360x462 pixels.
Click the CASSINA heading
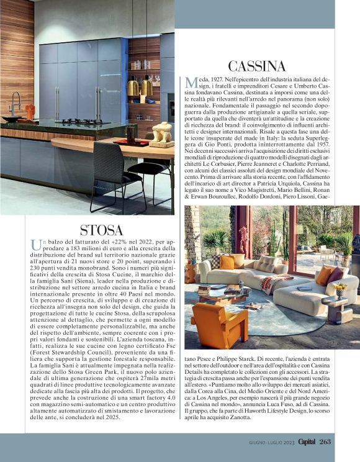pyautogui.click(x=256, y=66)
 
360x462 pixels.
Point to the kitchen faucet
pyautogui.click(x=13, y=102)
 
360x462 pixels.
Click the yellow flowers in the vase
pyautogui.click(x=340, y=288)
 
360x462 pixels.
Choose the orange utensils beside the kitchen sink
pyautogui.click(x=30, y=112)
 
